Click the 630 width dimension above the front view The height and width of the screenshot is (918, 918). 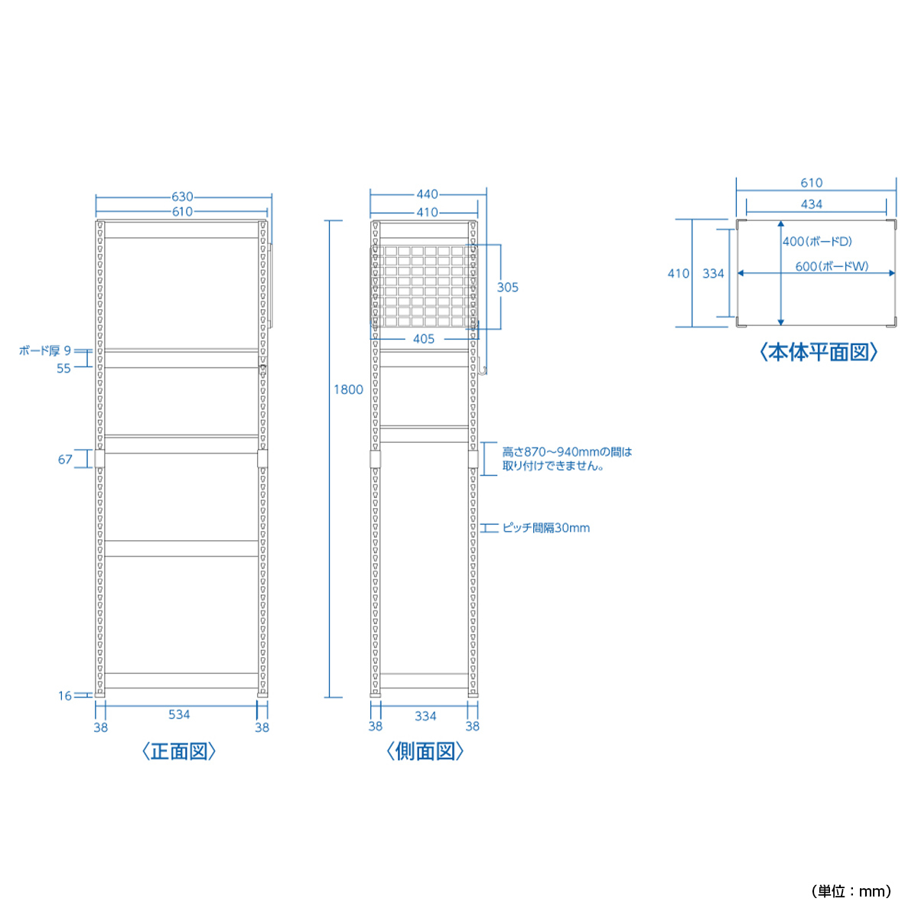pos(183,197)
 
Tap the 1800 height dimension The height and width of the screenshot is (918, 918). pos(348,389)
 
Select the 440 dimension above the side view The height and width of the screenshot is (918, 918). pos(428,194)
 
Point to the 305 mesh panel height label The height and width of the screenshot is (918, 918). pos(507,288)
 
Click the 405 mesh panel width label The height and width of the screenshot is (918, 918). pos(424,339)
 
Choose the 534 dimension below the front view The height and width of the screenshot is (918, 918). pos(179,715)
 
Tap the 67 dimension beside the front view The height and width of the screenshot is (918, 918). pos(65,459)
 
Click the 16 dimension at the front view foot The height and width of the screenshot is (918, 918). pos(65,696)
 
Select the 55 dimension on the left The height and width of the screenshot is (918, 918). pos(63,368)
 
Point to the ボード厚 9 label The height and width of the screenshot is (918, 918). pos(45,350)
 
